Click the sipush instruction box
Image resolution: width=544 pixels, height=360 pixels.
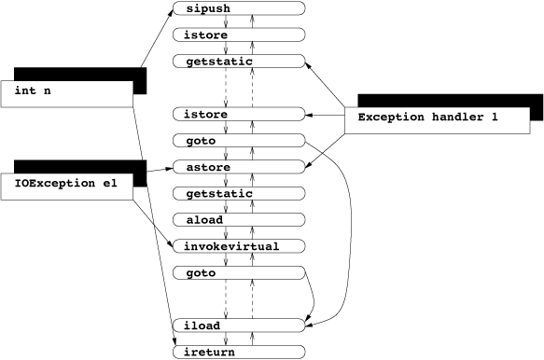(239, 8)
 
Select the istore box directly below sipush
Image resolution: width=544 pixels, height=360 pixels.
(239, 35)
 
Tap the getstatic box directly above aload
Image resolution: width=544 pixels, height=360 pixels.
(239, 193)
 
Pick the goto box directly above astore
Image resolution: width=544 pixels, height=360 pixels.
(239, 141)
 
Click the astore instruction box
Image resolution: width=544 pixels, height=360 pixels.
(239, 167)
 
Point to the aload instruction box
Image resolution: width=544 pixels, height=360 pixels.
(239, 220)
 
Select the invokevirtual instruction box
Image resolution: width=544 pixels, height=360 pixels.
(239, 246)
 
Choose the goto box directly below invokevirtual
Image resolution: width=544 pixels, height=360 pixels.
(239, 272)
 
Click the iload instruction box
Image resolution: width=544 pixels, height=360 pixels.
(239, 325)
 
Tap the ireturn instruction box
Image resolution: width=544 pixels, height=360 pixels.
(239, 352)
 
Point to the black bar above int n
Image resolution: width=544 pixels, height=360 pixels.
(80, 74)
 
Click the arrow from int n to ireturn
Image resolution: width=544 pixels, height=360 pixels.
(153, 224)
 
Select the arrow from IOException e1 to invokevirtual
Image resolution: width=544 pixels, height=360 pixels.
(155, 224)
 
